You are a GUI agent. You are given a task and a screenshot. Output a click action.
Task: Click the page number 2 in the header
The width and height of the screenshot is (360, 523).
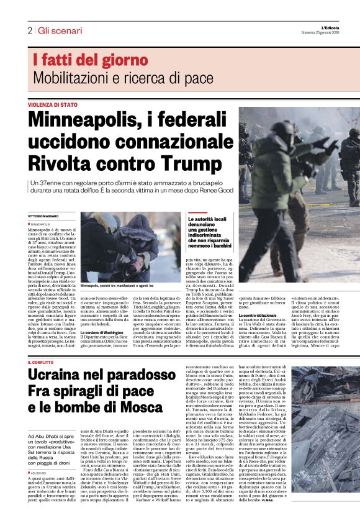click(x=29, y=30)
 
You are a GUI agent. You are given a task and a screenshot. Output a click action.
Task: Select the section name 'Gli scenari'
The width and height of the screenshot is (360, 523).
click(x=60, y=30)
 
